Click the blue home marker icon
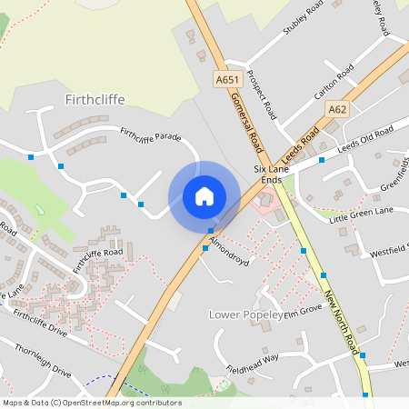point(204,195)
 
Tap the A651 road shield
point(226,80)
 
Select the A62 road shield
point(338,109)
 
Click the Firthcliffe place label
point(95,97)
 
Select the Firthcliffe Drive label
point(40,324)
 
